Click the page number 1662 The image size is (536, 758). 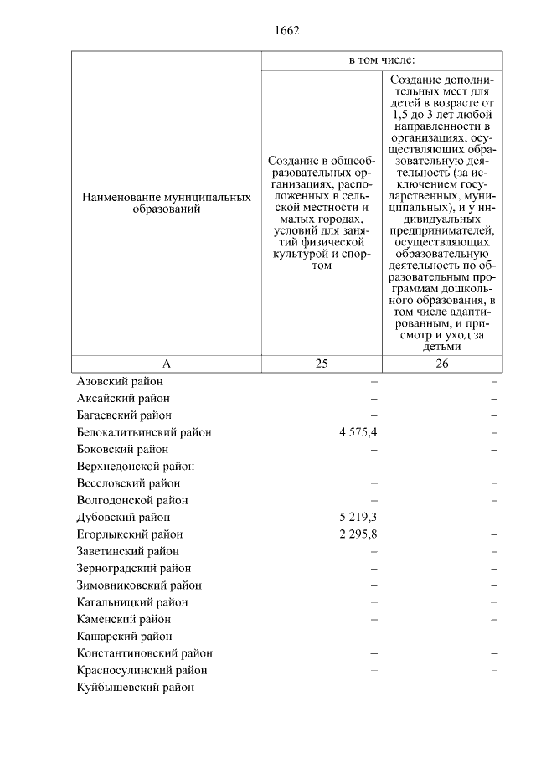(286, 31)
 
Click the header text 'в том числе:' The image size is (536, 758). (383, 61)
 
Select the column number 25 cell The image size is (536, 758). (322, 364)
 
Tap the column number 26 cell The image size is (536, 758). (442, 364)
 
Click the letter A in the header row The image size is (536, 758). (166, 364)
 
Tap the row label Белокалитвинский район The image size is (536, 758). (144, 432)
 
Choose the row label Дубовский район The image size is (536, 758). (123, 518)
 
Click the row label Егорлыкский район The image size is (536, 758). (130, 534)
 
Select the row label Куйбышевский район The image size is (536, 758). (135, 688)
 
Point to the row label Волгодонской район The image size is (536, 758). (132, 500)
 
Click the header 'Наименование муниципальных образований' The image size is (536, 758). (166, 204)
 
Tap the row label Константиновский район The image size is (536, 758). (144, 653)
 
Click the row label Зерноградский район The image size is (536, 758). (133, 569)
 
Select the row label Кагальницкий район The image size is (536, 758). (132, 602)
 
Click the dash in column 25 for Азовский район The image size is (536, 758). (374, 381)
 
